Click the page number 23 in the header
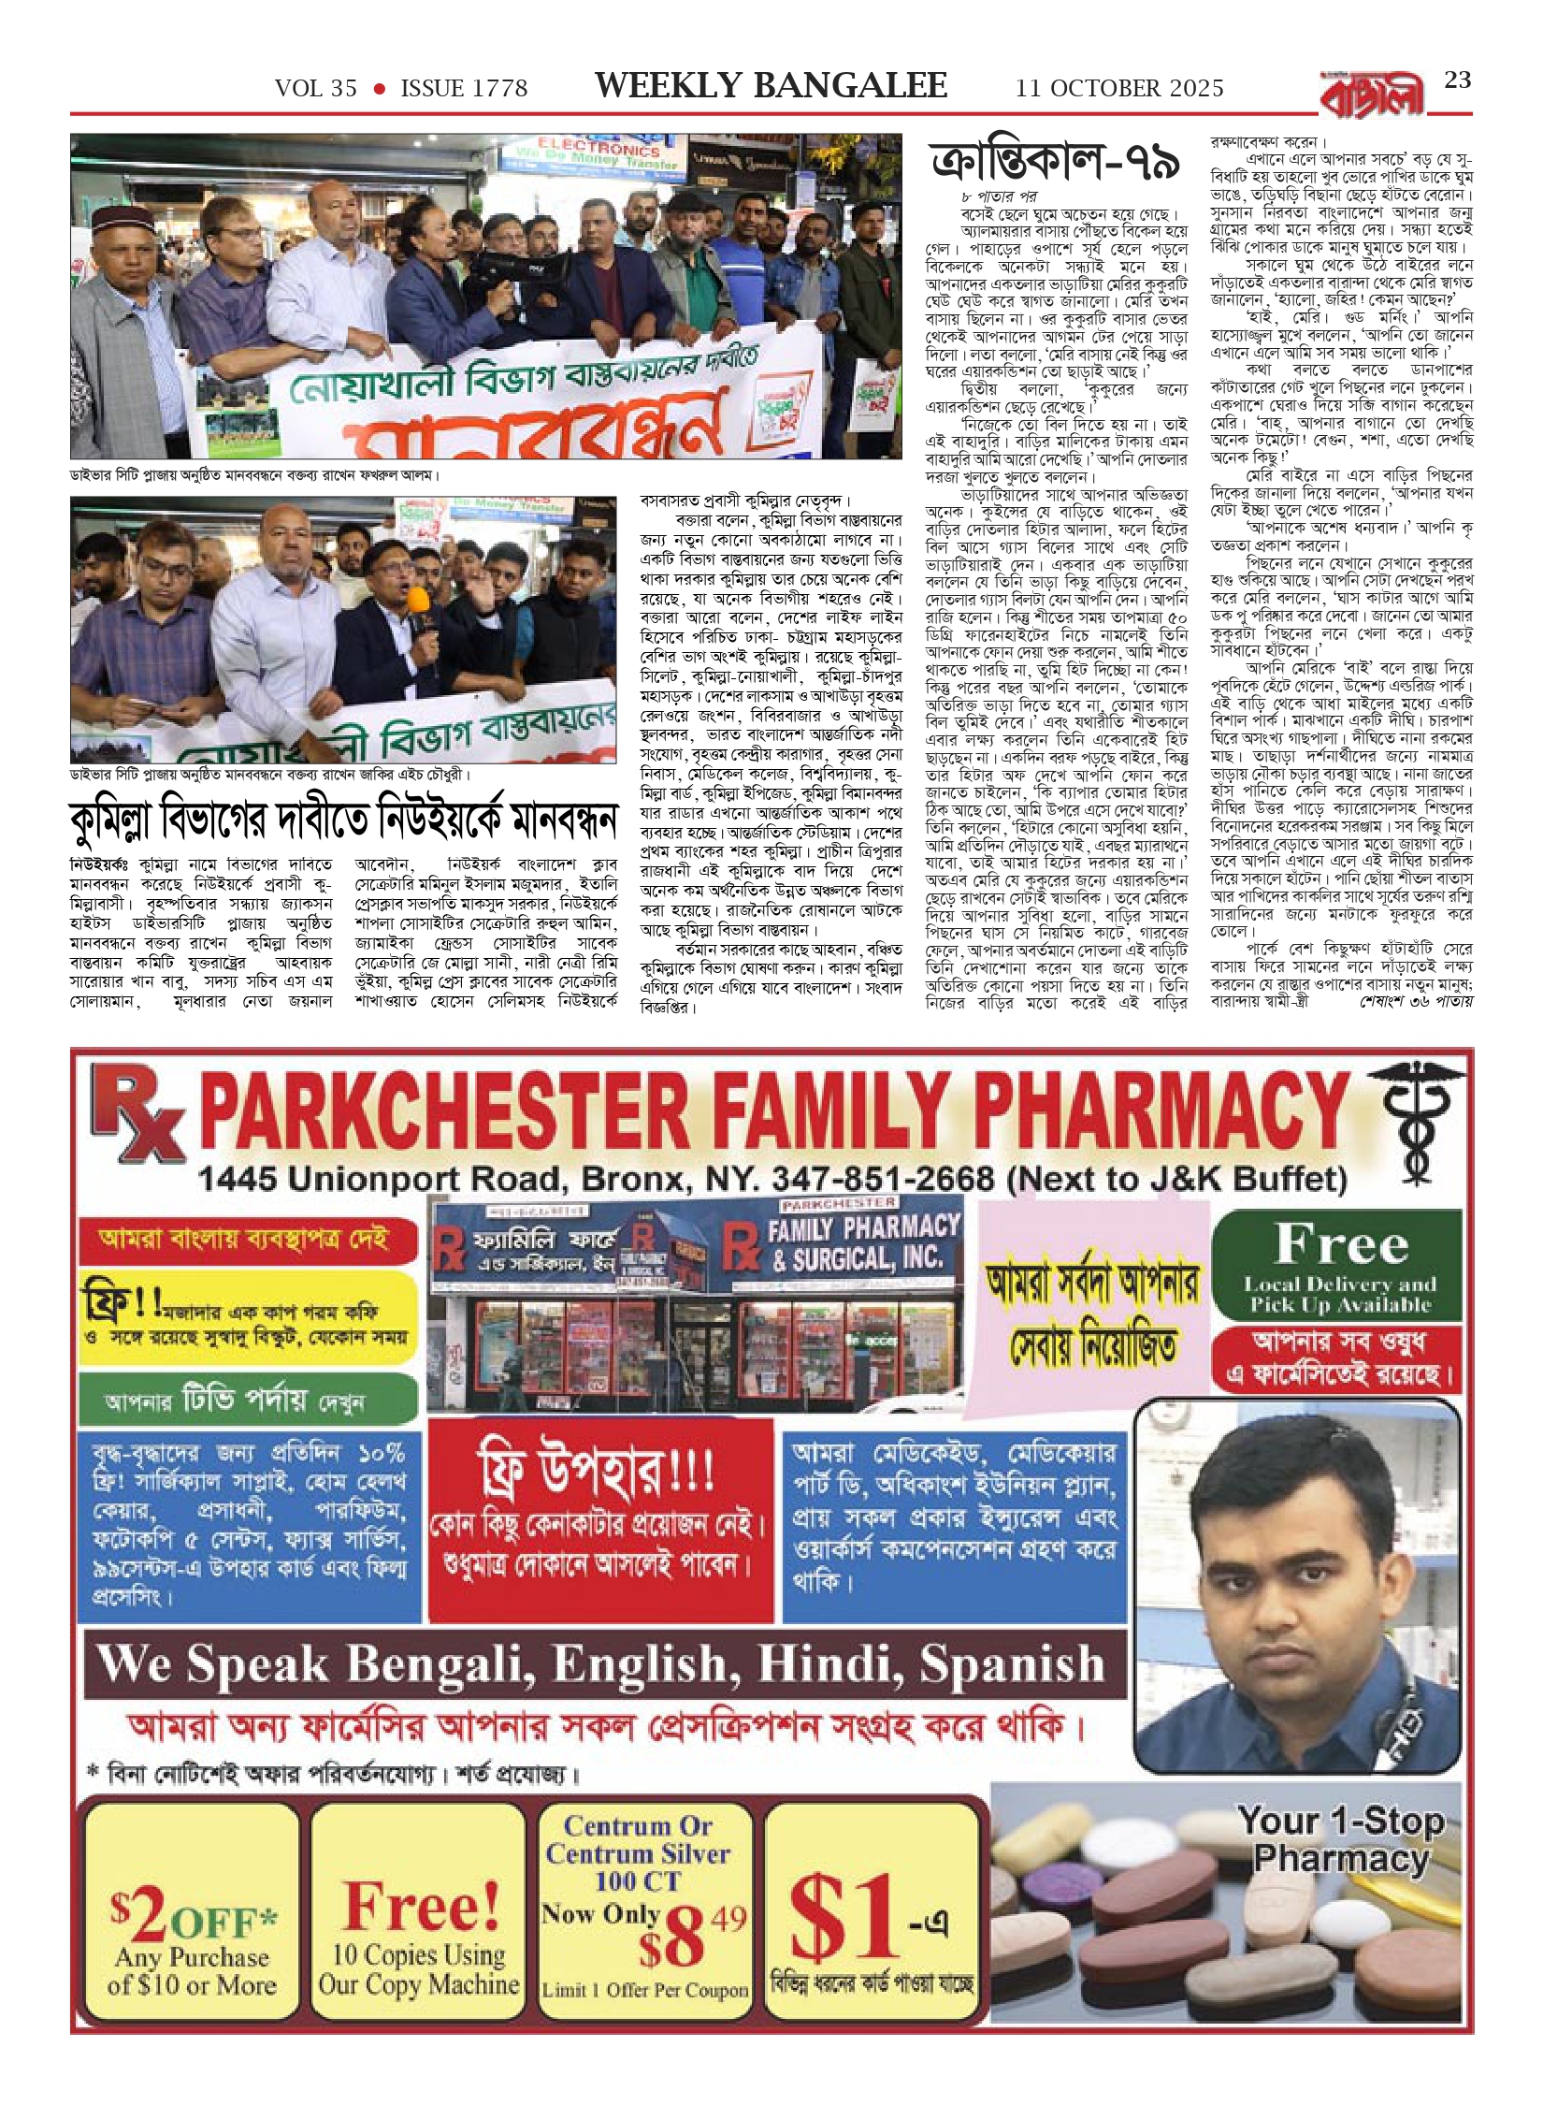point(1457,80)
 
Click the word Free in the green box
point(1341,1243)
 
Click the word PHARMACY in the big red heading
point(1164,1113)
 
